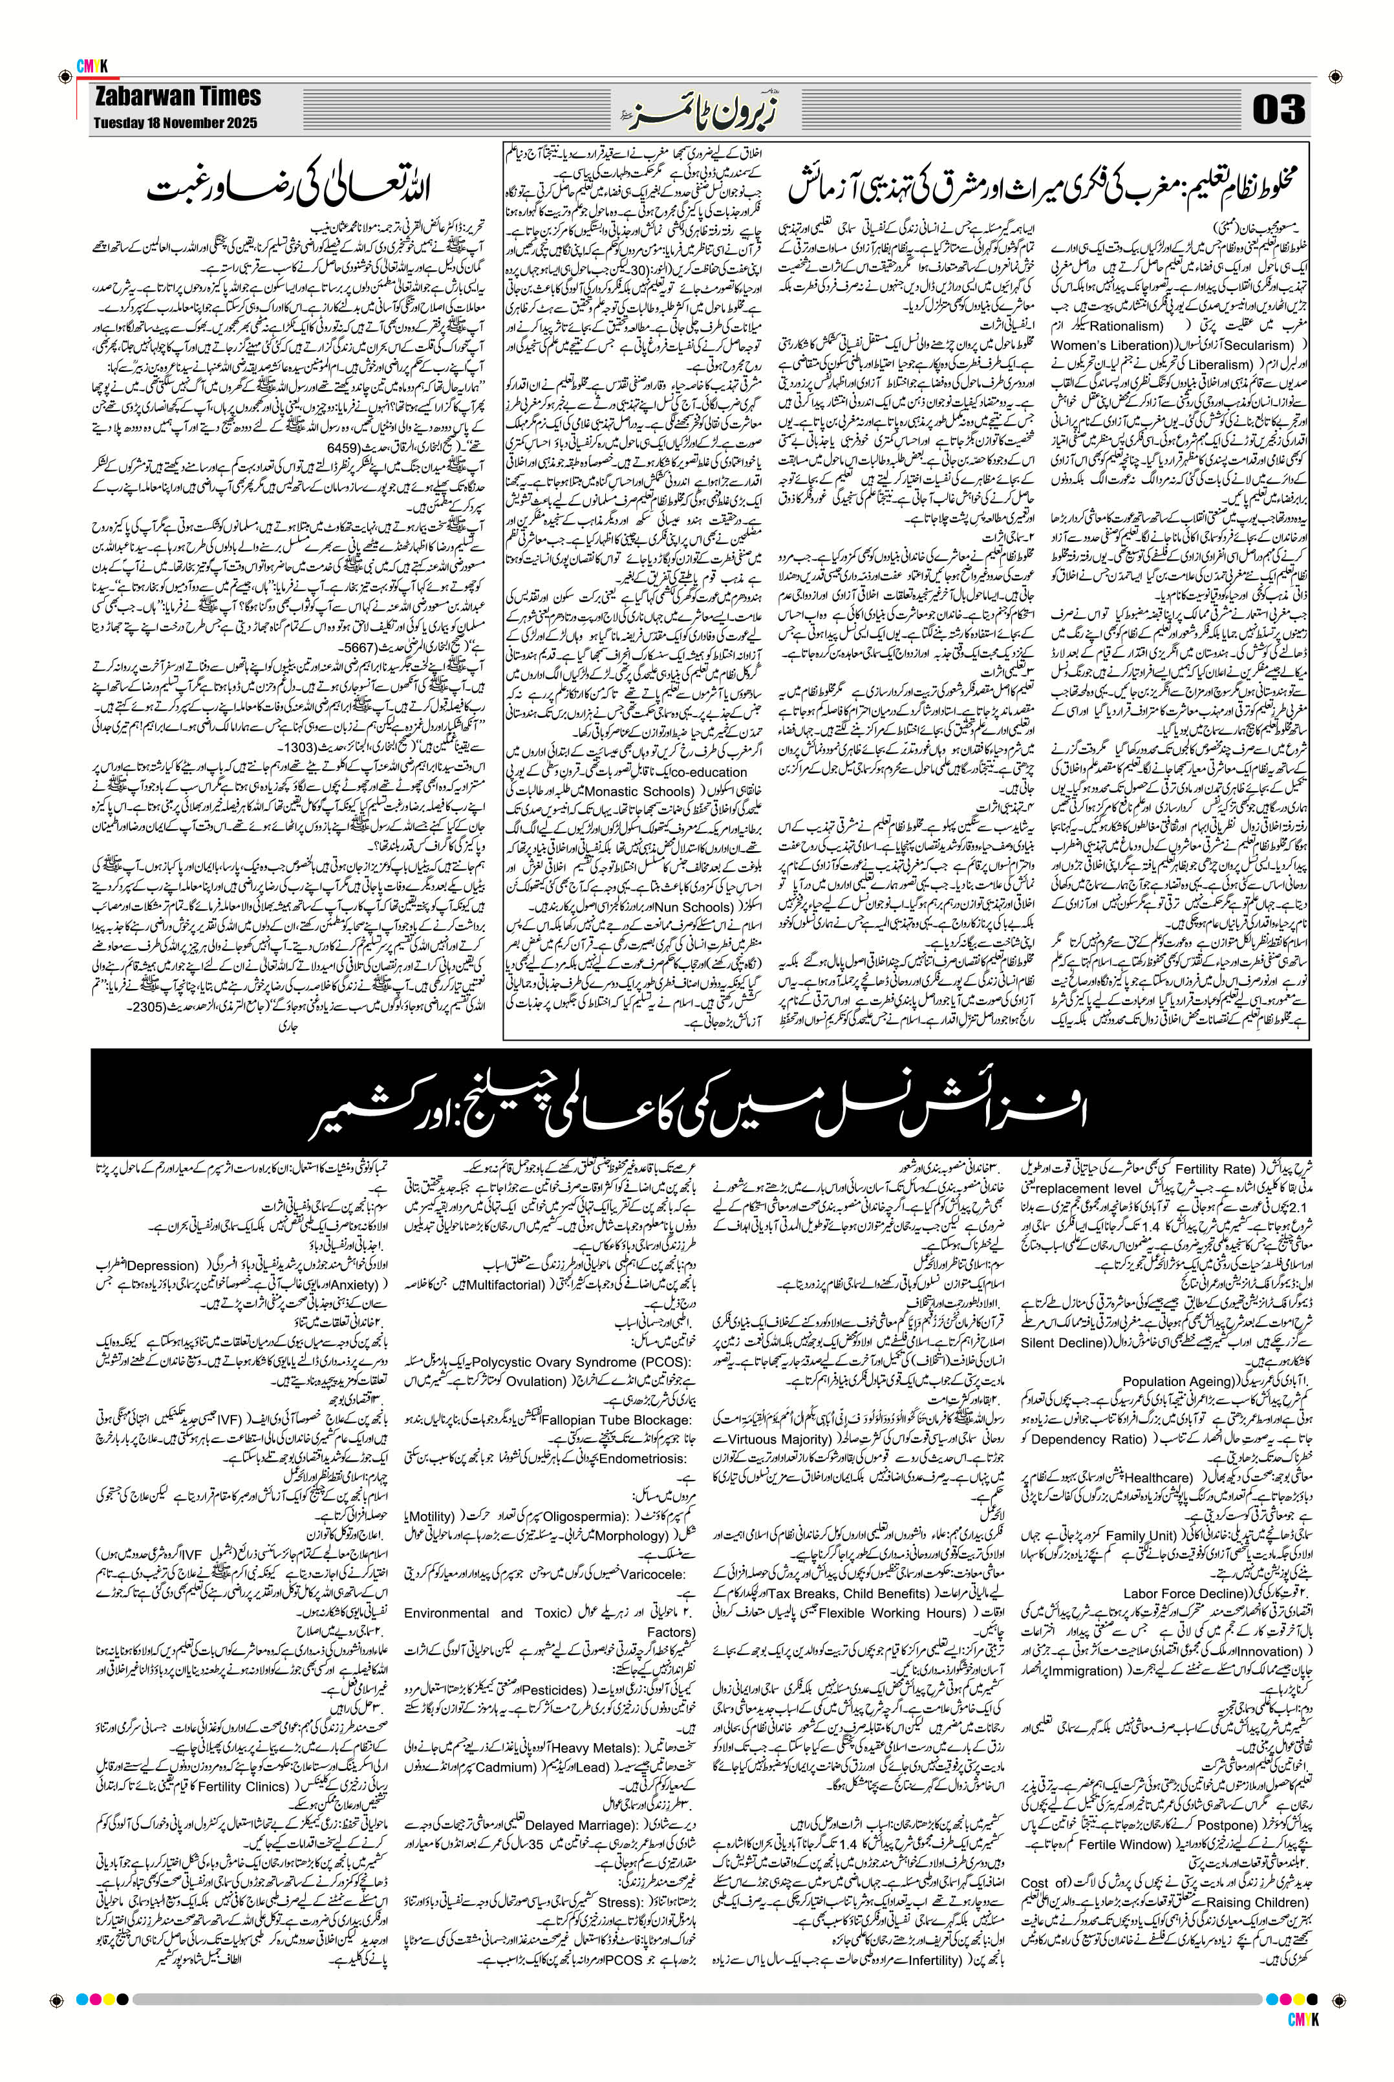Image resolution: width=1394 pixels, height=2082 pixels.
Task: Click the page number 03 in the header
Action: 1278,109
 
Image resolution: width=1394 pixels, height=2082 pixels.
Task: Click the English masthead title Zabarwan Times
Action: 178,96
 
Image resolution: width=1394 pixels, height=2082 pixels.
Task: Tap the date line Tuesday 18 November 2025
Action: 175,124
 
